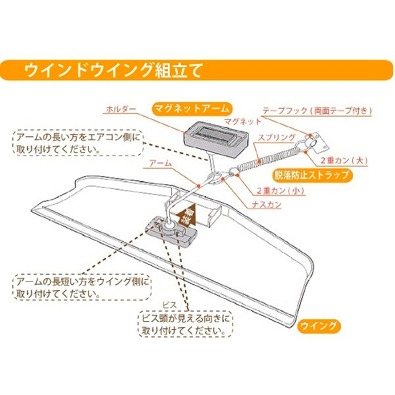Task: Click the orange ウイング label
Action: (319, 325)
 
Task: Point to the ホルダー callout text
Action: (119, 109)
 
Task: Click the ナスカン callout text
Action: (267, 205)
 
